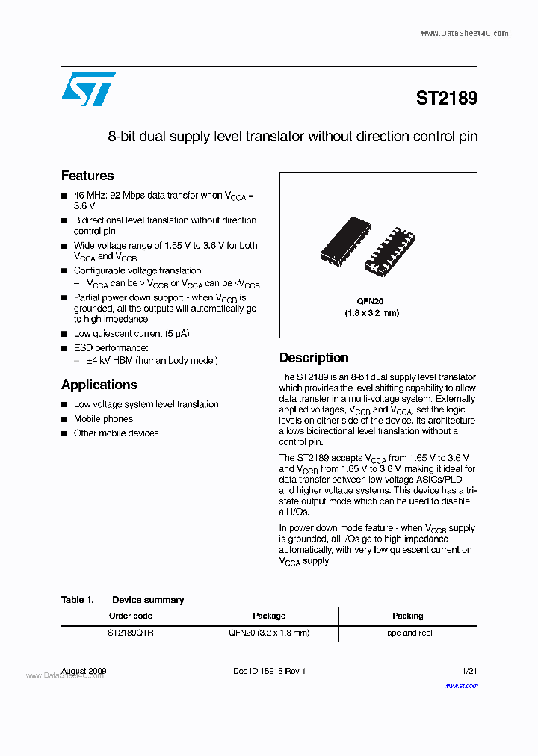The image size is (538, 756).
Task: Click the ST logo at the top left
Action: (88, 89)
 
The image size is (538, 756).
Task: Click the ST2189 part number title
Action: (446, 98)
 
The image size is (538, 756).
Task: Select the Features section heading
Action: (87, 176)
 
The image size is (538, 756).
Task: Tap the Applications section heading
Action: (99, 385)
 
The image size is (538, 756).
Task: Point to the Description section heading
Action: (314, 358)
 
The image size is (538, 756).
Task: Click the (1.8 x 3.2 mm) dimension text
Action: (371, 313)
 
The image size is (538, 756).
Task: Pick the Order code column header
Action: (130, 616)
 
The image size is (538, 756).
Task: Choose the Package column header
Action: (269, 616)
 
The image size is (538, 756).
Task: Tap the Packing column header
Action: (407, 616)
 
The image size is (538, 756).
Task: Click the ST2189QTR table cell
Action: (130, 633)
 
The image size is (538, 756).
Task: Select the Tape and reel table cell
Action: (407, 633)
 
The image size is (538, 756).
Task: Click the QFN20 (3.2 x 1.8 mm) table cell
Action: (269, 633)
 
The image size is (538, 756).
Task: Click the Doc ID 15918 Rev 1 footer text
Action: (269, 671)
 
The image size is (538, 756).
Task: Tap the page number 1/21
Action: (469, 671)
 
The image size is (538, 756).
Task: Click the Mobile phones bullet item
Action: (103, 419)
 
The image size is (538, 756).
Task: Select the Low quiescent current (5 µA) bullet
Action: (131, 334)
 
